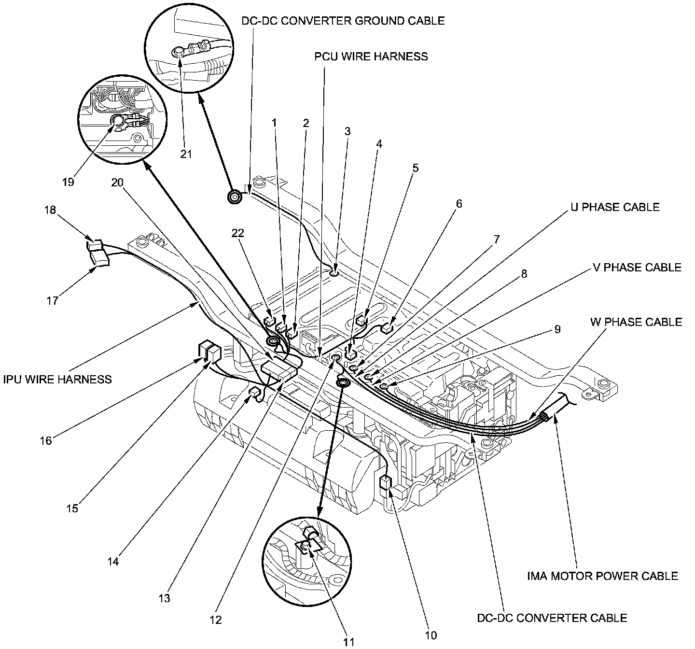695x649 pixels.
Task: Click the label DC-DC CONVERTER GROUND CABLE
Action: (x=343, y=21)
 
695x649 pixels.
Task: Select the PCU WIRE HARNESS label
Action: (x=371, y=56)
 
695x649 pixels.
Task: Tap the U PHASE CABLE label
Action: (x=614, y=207)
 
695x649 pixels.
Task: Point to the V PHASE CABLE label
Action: (x=637, y=268)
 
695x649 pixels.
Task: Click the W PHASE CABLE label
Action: (x=636, y=322)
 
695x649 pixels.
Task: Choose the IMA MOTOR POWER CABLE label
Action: (x=603, y=576)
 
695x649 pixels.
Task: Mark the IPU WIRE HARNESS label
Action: (x=57, y=379)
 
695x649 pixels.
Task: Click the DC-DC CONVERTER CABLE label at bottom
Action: (x=552, y=618)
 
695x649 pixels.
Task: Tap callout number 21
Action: (x=186, y=154)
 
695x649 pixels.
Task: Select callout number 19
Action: (x=68, y=182)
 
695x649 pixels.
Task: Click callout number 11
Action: (x=348, y=641)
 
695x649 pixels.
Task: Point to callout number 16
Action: (x=46, y=440)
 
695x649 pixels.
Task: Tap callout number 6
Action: (x=459, y=204)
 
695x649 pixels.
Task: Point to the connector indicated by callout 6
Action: (x=388, y=329)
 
